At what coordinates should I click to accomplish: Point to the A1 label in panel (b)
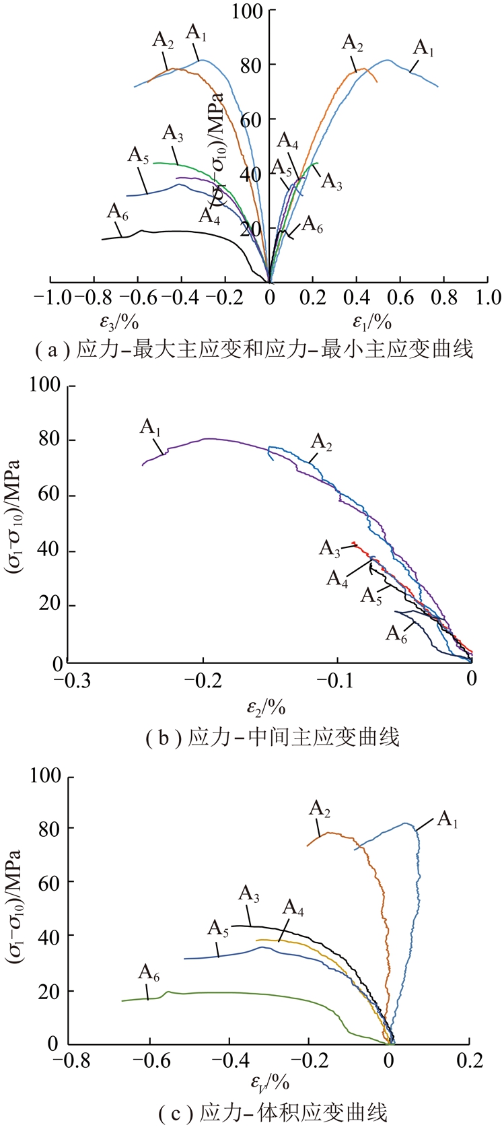click(151, 427)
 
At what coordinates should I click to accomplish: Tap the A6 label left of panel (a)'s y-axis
click(118, 211)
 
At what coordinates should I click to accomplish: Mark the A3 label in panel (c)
click(249, 895)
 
